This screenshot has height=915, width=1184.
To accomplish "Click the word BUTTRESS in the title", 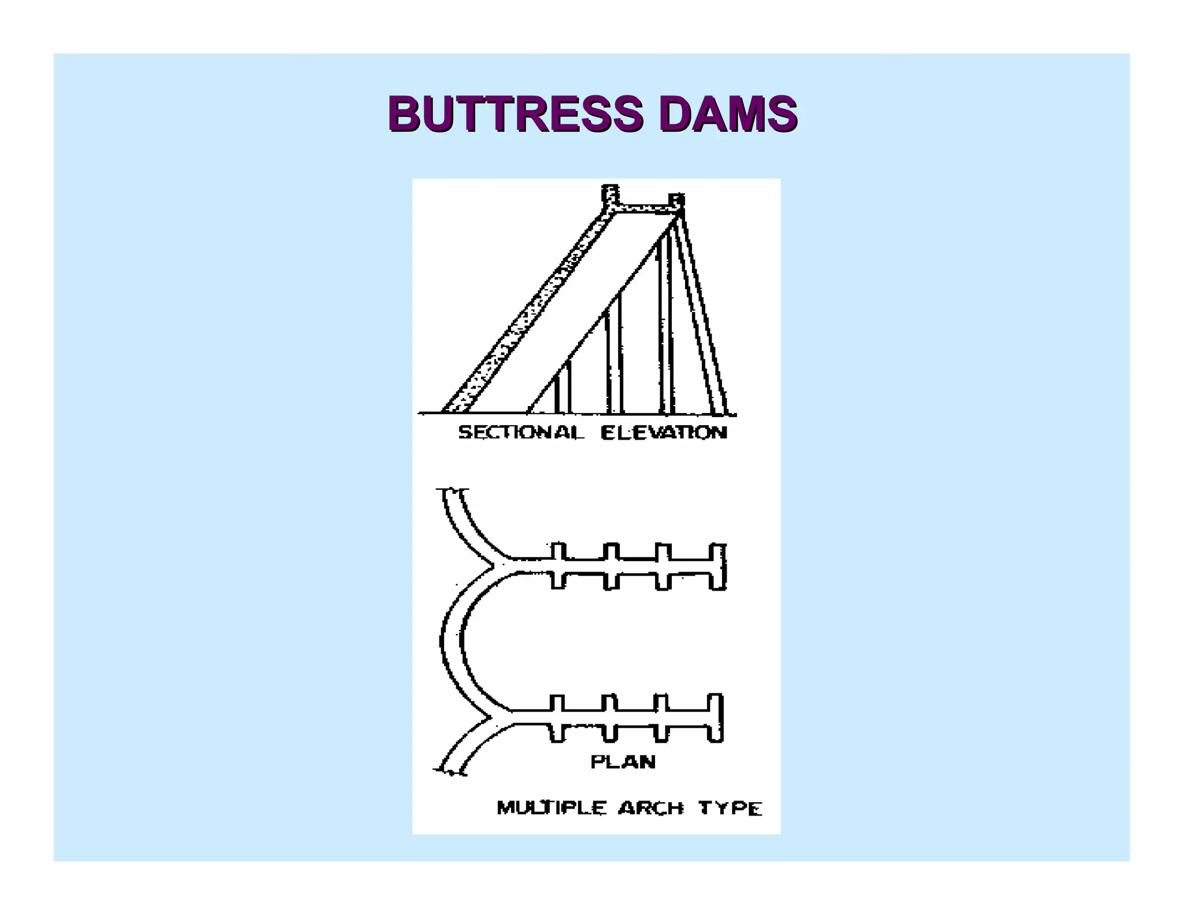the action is [515, 113].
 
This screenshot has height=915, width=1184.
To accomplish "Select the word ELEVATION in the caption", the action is [664, 433].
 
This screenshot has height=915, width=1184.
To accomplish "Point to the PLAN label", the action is [623, 762].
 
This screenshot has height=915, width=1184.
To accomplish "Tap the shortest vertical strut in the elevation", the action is [563, 388].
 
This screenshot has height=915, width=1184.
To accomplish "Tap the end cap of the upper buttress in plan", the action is [719, 566].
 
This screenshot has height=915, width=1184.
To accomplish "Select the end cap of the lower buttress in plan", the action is [716, 717].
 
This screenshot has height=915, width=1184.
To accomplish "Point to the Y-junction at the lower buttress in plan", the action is [496, 717].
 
